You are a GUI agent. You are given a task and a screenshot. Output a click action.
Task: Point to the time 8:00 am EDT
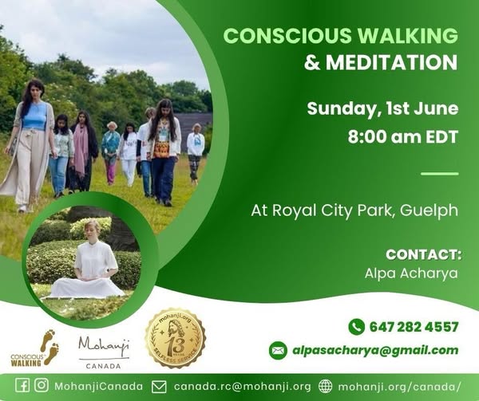coord(403,136)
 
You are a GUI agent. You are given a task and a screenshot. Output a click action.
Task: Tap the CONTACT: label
coord(423,255)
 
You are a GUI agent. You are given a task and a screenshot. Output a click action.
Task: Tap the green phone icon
coord(357,327)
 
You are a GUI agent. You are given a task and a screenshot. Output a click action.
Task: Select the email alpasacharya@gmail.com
coord(375,350)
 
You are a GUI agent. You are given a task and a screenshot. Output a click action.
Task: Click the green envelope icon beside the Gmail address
coord(278,350)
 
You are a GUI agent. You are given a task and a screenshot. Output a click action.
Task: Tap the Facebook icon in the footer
coord(22,386)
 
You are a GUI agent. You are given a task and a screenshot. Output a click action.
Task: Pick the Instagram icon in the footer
coord(42,386)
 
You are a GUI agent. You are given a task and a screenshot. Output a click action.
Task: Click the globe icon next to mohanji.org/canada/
coord(325,386)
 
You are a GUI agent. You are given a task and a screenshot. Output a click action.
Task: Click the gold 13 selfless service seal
coord(175,338)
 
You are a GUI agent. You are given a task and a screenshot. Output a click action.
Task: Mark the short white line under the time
coord(440,173)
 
